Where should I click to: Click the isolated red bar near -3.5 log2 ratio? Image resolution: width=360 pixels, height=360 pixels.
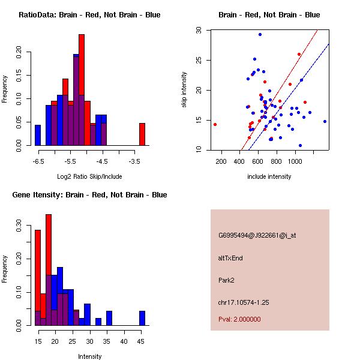click(x=142, y=134)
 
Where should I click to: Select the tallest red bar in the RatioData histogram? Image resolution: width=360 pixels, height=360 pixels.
click(x=82, y=90)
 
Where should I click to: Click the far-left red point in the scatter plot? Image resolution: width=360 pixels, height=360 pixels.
click(x=215, y=124)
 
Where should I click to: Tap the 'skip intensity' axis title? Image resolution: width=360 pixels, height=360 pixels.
click(x=184, y=90)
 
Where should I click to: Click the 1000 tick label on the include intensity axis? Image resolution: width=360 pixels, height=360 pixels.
click(x=295, y=161)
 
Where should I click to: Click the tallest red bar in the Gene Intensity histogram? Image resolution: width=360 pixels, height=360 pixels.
click(x=49, y=270)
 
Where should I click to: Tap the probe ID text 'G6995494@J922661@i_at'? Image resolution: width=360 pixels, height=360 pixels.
click(x=257, y=235)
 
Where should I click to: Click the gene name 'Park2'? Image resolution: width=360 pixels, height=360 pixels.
click(x=227, y=280)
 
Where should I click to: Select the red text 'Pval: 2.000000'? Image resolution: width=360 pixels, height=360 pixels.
click(x=239, y=319)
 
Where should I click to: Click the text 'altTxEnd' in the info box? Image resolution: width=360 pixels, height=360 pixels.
click(x=230, y=257)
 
